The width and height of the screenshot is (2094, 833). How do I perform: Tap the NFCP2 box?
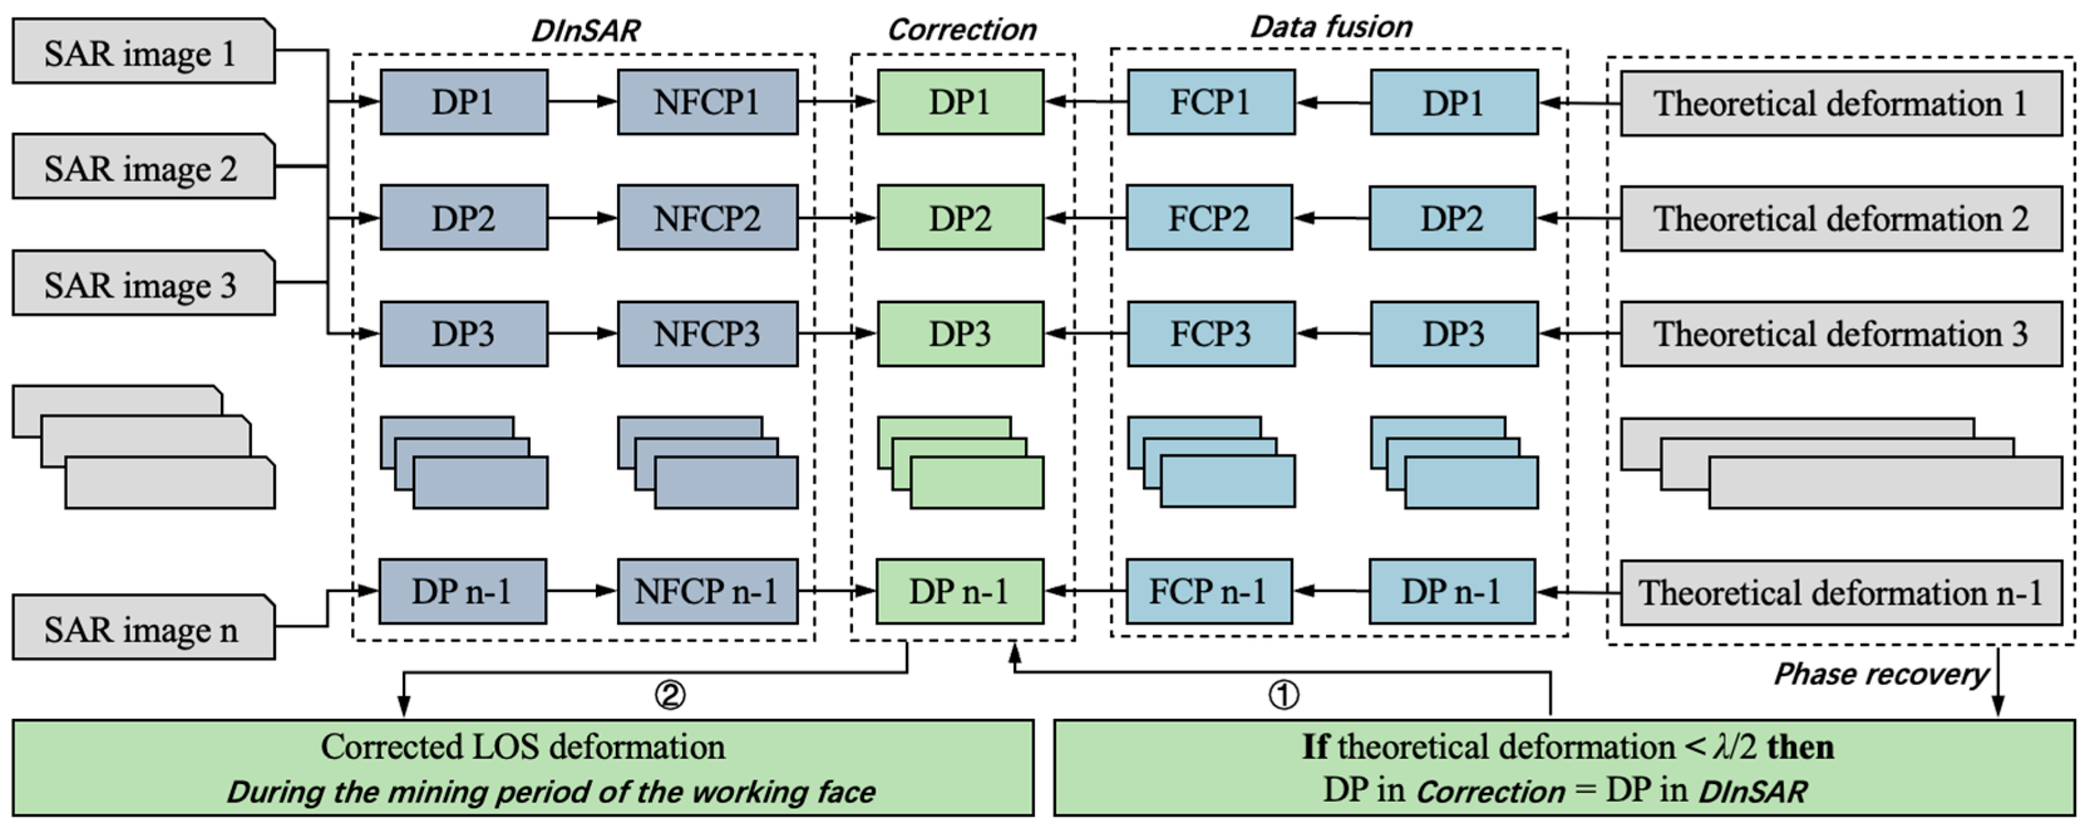tap(707, 218)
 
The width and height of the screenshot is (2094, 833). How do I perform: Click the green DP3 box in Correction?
tap(960, 334)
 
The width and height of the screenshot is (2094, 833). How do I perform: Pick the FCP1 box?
tap(1210, 102)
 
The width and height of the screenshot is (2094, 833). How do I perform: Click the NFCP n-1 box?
tap(707, 591)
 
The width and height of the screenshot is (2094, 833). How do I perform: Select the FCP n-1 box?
tap(1208, 591)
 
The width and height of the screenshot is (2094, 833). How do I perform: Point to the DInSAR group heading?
tap(584, 31)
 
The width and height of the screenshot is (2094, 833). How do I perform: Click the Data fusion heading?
tap(1331, 27)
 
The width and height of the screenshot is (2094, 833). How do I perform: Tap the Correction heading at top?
tap(961, 30)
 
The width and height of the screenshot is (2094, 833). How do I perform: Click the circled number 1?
tap(1284, 695)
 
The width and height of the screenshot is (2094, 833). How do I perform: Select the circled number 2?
tap(670, 695)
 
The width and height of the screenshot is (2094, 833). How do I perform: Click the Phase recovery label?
tap(1880, 674)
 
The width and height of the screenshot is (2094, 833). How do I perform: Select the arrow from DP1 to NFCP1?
tap(582, 102)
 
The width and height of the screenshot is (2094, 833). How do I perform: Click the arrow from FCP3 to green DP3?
tap(1085, 333)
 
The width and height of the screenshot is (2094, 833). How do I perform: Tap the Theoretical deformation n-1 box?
tap(1841, 592)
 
